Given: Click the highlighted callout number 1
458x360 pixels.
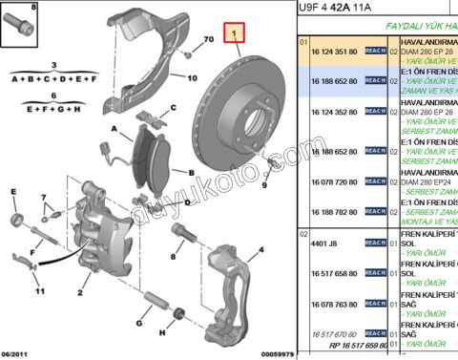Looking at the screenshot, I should click(230, 34).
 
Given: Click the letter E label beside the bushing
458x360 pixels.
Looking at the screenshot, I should click(14, 193).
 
